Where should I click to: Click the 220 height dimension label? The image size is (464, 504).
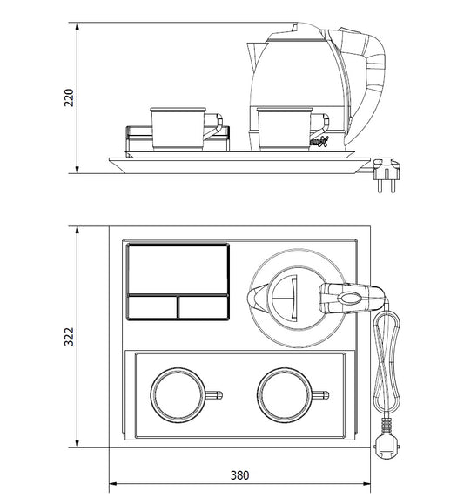pos(69,97)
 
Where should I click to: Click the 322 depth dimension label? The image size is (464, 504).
pos(69,337)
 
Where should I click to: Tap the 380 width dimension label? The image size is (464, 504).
pos(239,475)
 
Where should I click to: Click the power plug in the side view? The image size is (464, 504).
pos(387,174)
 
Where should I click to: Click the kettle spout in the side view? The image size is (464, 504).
pos(255,57)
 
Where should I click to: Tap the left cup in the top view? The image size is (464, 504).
pos(178,395)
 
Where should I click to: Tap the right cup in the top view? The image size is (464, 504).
pos(285,395)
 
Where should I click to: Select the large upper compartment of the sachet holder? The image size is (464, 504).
pos(178,269)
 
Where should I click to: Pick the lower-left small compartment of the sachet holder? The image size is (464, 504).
pos(152,307)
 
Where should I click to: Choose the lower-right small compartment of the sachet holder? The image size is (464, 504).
pos(204,307)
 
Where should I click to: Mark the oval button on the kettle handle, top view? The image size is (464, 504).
pos(348,299)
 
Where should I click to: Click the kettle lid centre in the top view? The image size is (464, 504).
pos(293,298)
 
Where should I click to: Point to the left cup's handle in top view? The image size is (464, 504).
pos(213,395)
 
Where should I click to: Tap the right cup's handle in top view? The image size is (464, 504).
pos(320,395)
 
